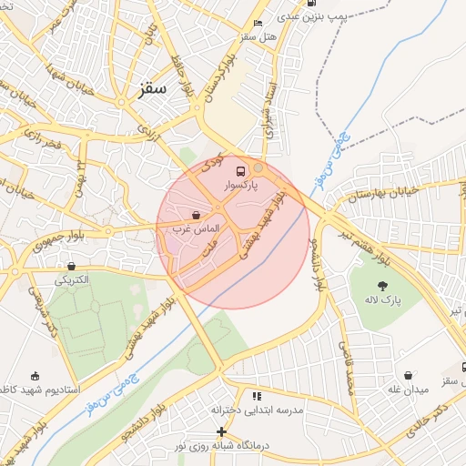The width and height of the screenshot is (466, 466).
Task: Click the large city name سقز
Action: (153, 89)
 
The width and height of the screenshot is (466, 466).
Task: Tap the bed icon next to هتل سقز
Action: (258, 23)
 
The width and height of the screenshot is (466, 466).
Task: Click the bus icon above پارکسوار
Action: (240, 170)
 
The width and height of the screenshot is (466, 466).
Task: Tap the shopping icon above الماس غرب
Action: (197, 216)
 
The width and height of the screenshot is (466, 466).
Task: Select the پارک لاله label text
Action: (384, 300)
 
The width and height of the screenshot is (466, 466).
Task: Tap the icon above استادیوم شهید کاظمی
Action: (35, 376)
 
